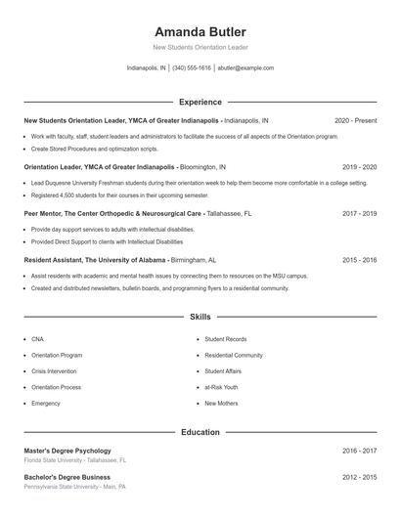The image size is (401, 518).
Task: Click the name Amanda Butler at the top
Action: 200,31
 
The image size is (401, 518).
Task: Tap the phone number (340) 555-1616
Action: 191,68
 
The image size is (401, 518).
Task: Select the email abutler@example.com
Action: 245,68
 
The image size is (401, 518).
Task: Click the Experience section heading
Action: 200,102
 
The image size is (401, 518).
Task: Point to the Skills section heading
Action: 200,317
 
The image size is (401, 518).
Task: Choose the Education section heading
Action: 200,431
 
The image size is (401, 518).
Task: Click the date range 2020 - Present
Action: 355,120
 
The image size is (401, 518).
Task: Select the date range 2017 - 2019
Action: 359,212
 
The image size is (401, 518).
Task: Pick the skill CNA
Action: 38,339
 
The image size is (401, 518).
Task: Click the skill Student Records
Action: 224,339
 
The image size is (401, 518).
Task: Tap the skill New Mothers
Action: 221,403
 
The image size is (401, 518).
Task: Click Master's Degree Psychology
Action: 67,451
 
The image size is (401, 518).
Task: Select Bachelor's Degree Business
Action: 67,477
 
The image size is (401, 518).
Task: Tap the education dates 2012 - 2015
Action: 359,477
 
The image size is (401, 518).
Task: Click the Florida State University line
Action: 75,459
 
